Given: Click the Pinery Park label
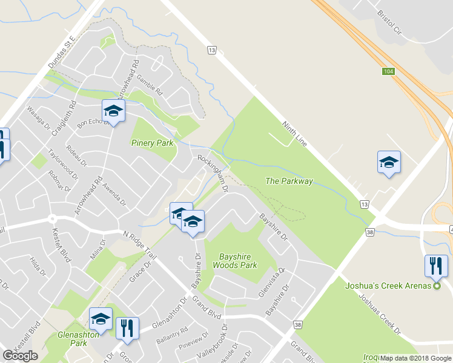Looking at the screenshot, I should pos(152,143).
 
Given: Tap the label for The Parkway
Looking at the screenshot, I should pos(289,181).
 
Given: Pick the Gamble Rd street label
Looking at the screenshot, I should pos(150,86).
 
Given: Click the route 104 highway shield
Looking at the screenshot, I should pos(389,71).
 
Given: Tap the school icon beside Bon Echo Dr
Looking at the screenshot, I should pos(113,110).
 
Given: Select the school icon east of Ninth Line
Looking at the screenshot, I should pos(389,162).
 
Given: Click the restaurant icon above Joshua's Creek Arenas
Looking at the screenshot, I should pos(436,266).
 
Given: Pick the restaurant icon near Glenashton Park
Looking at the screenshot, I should pos(127,328).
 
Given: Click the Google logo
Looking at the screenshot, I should pos(21,356).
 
